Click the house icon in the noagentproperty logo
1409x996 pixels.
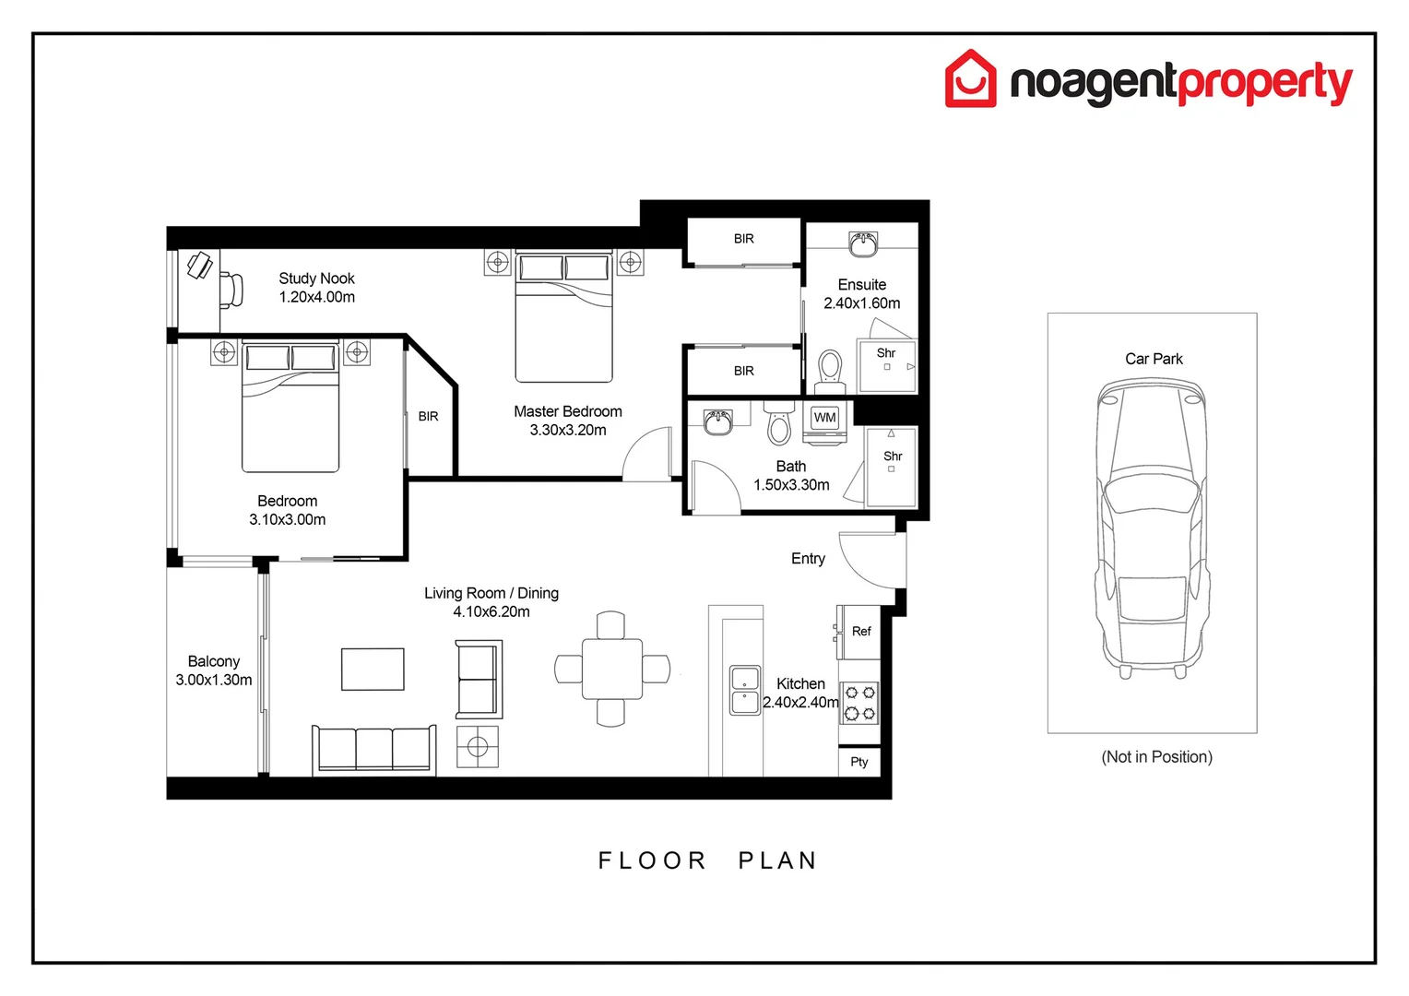tap(970, 79)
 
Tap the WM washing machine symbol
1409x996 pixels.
tap(824, 418)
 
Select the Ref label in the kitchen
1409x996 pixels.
tap(861, 632)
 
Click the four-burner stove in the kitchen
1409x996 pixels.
tap(859, 703)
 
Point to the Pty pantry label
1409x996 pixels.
tap(859, 762)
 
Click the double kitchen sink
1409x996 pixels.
tap(745, 690)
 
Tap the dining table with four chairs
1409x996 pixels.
tap(612, 669)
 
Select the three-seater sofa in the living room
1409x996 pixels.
tap(374, 748)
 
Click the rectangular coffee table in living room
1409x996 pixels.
tap(373, 670)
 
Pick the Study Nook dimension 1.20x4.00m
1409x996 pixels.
tap(317, 297)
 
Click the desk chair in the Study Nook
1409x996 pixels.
tap(231, 290)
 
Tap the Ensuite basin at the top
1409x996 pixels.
tap(863, 245)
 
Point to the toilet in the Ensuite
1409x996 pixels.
tap(830, 368)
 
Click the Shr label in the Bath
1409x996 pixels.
tap(893, 456)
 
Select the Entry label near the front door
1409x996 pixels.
tap(808, 559)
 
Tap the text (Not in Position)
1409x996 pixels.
tap(1156, 757)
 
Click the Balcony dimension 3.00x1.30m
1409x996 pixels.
tap(214, 680)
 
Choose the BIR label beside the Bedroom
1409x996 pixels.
tap(428, 417)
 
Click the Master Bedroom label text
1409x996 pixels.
tap(568, 411)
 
